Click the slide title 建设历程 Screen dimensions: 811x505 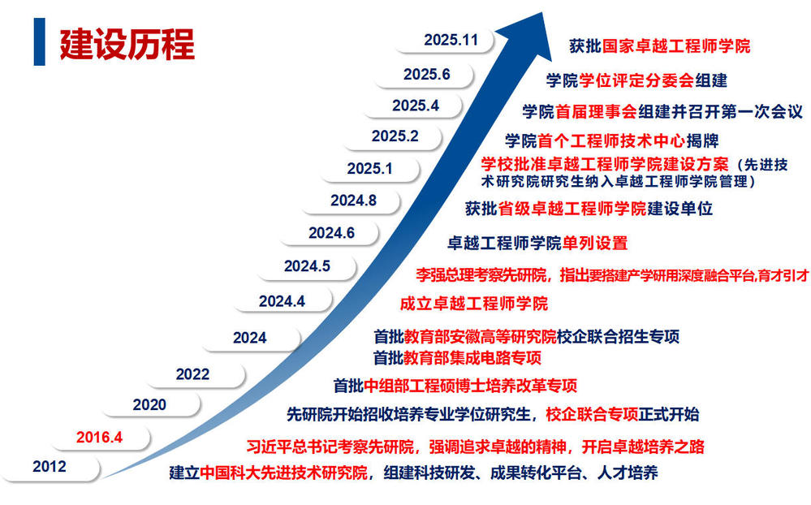click(127, 44)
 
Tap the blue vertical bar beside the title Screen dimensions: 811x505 click(39, 41)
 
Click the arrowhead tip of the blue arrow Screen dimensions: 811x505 click(542, 12)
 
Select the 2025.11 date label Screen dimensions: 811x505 click(451, 40)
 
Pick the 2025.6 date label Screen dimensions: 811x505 click(427, 75)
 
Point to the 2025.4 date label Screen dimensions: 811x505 click(416, 106)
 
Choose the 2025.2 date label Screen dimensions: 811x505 click(395, 136)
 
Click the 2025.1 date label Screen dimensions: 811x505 click(370, 169)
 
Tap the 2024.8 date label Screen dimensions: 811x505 click(353, 201)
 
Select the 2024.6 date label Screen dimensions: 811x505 click(331, 233)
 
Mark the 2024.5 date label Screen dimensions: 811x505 click(307, 266)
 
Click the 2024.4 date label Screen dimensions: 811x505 click(282, 301)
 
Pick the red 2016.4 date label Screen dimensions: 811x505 click(99, 438)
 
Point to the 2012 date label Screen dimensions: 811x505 click(50, 467)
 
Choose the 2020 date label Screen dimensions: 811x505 click(149, 404)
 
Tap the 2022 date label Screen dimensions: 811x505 click(192, 374)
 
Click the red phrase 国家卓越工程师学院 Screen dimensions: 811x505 click(676, 46)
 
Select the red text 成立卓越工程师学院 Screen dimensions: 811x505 click(474, 303)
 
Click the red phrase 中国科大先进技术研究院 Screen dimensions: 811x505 click(283, 473)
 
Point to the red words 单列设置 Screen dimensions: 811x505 click(595, 244)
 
